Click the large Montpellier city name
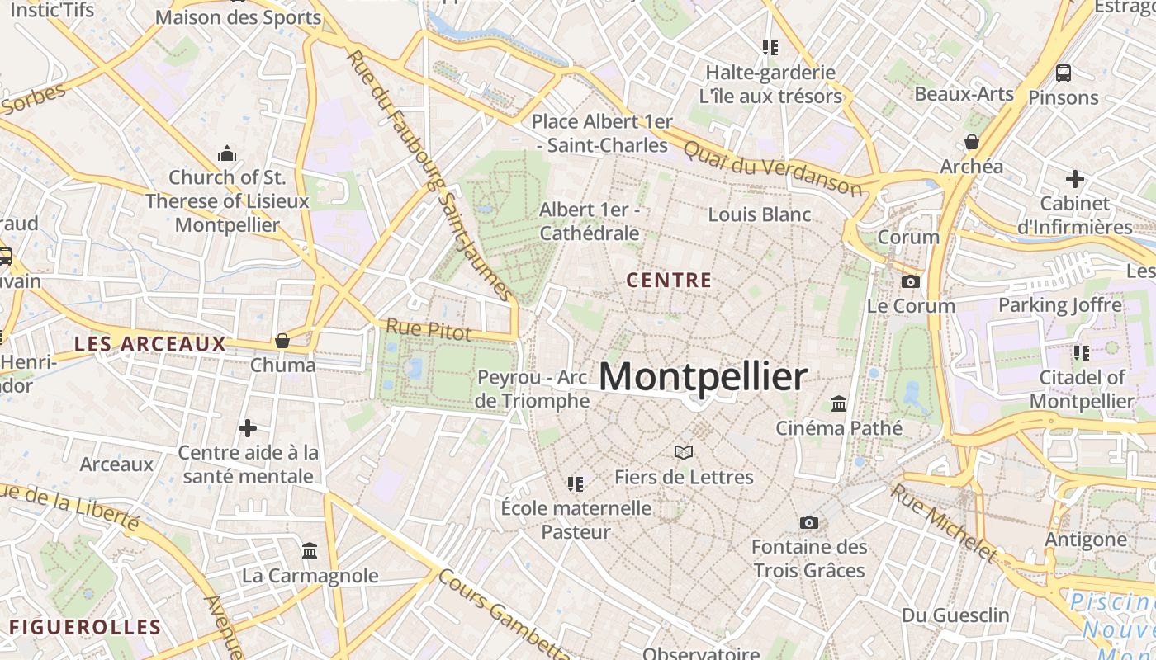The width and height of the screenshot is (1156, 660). (703, 376)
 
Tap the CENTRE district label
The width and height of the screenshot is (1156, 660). (669, 280)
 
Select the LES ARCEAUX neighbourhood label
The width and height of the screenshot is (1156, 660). (150, 344)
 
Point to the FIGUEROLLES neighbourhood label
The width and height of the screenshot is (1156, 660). (85, 627)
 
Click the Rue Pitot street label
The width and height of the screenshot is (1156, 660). (429, 330)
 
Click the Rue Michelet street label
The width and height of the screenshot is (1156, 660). (945, 521)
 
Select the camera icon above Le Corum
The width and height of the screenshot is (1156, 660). (911, 281)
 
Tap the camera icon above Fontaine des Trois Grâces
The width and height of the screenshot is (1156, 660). (809, 522)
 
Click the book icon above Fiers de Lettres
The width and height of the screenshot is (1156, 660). (683, 452)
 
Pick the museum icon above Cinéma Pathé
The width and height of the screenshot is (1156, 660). (839, 403)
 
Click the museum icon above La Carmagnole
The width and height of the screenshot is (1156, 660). (310, 550)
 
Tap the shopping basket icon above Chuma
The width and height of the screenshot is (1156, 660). (282, 341)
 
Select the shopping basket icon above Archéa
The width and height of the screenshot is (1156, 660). (972, 142)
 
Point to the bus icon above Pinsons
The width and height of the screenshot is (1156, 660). (1064, 73)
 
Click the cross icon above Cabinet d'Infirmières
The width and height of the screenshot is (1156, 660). (1074, 178)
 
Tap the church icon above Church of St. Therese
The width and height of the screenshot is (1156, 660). (227, 153)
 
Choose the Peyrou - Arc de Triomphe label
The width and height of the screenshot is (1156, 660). (533, 389)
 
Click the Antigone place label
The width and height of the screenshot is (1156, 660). (1086, 540)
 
